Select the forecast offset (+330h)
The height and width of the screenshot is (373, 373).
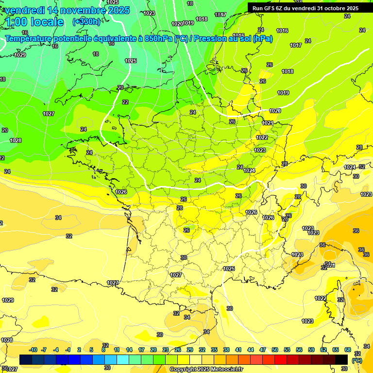[86, 22]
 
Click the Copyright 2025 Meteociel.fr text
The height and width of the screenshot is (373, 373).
[206, 370]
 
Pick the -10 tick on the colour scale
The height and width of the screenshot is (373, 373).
[33, 350]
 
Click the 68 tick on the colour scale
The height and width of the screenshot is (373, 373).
[347, 350]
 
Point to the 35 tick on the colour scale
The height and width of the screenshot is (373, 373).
[214, 350]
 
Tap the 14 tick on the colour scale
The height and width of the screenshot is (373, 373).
[129, 350]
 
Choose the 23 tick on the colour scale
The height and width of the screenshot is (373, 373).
[166, 350]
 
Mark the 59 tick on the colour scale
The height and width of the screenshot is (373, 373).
[311, 350]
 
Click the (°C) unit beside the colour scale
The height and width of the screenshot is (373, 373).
[357, 360]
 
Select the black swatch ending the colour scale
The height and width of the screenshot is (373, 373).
[341, 359]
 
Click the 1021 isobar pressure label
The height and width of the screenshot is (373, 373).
[267, 123]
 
